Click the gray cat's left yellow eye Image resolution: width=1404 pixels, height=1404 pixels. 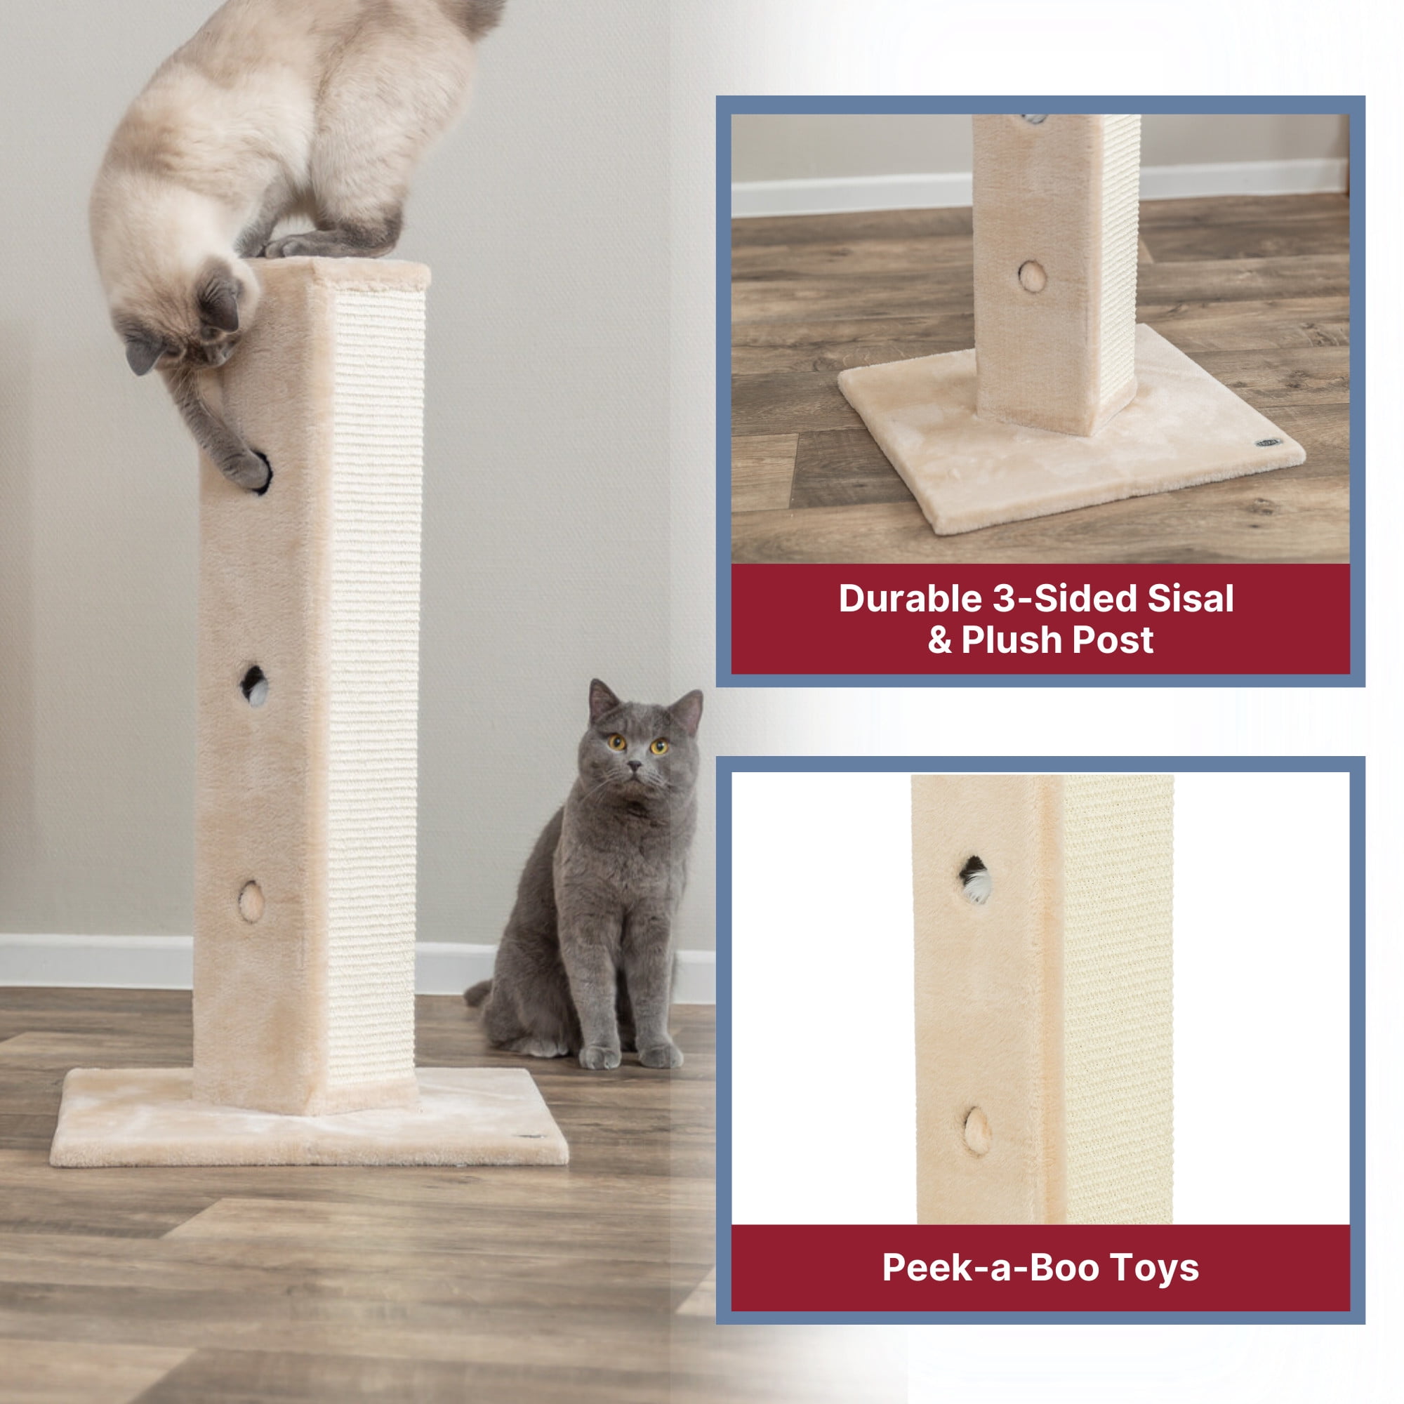point(617,742)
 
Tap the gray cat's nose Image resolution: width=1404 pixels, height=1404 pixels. point(636,766)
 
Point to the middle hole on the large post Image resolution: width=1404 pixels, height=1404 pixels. point(253,684)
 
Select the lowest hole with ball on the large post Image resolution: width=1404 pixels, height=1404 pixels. point(251,902)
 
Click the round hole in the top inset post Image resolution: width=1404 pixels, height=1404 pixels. point(1032,276)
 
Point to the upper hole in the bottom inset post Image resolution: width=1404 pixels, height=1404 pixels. point(975,879)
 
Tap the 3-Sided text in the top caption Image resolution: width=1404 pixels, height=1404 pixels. point(1064,599)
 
